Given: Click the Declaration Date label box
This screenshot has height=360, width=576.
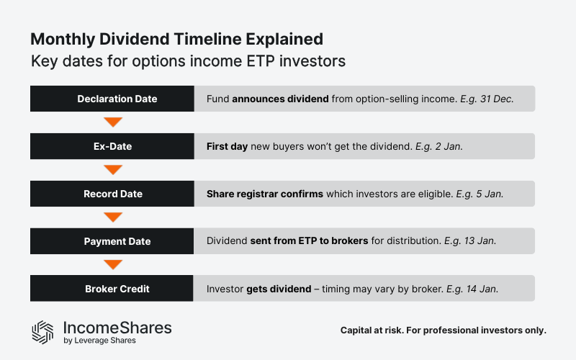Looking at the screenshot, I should (112, 99).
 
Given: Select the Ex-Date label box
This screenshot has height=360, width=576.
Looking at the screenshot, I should (112, 146).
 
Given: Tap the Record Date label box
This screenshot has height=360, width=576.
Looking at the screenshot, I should (112, 194).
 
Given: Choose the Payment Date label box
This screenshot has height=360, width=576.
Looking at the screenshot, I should (112, 241).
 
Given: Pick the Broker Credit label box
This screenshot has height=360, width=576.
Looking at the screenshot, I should (112, 289).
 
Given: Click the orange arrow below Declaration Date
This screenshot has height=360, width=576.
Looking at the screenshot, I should (112, 122).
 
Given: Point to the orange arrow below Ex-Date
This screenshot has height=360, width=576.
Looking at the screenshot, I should (112, 170).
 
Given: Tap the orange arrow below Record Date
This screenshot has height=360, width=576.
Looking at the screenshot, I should (112, 217).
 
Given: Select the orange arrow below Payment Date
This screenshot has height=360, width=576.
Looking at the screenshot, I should (112, 265).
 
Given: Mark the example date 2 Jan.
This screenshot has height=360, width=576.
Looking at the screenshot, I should (446, 146).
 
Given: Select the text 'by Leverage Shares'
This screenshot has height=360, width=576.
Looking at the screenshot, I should (99, 341).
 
